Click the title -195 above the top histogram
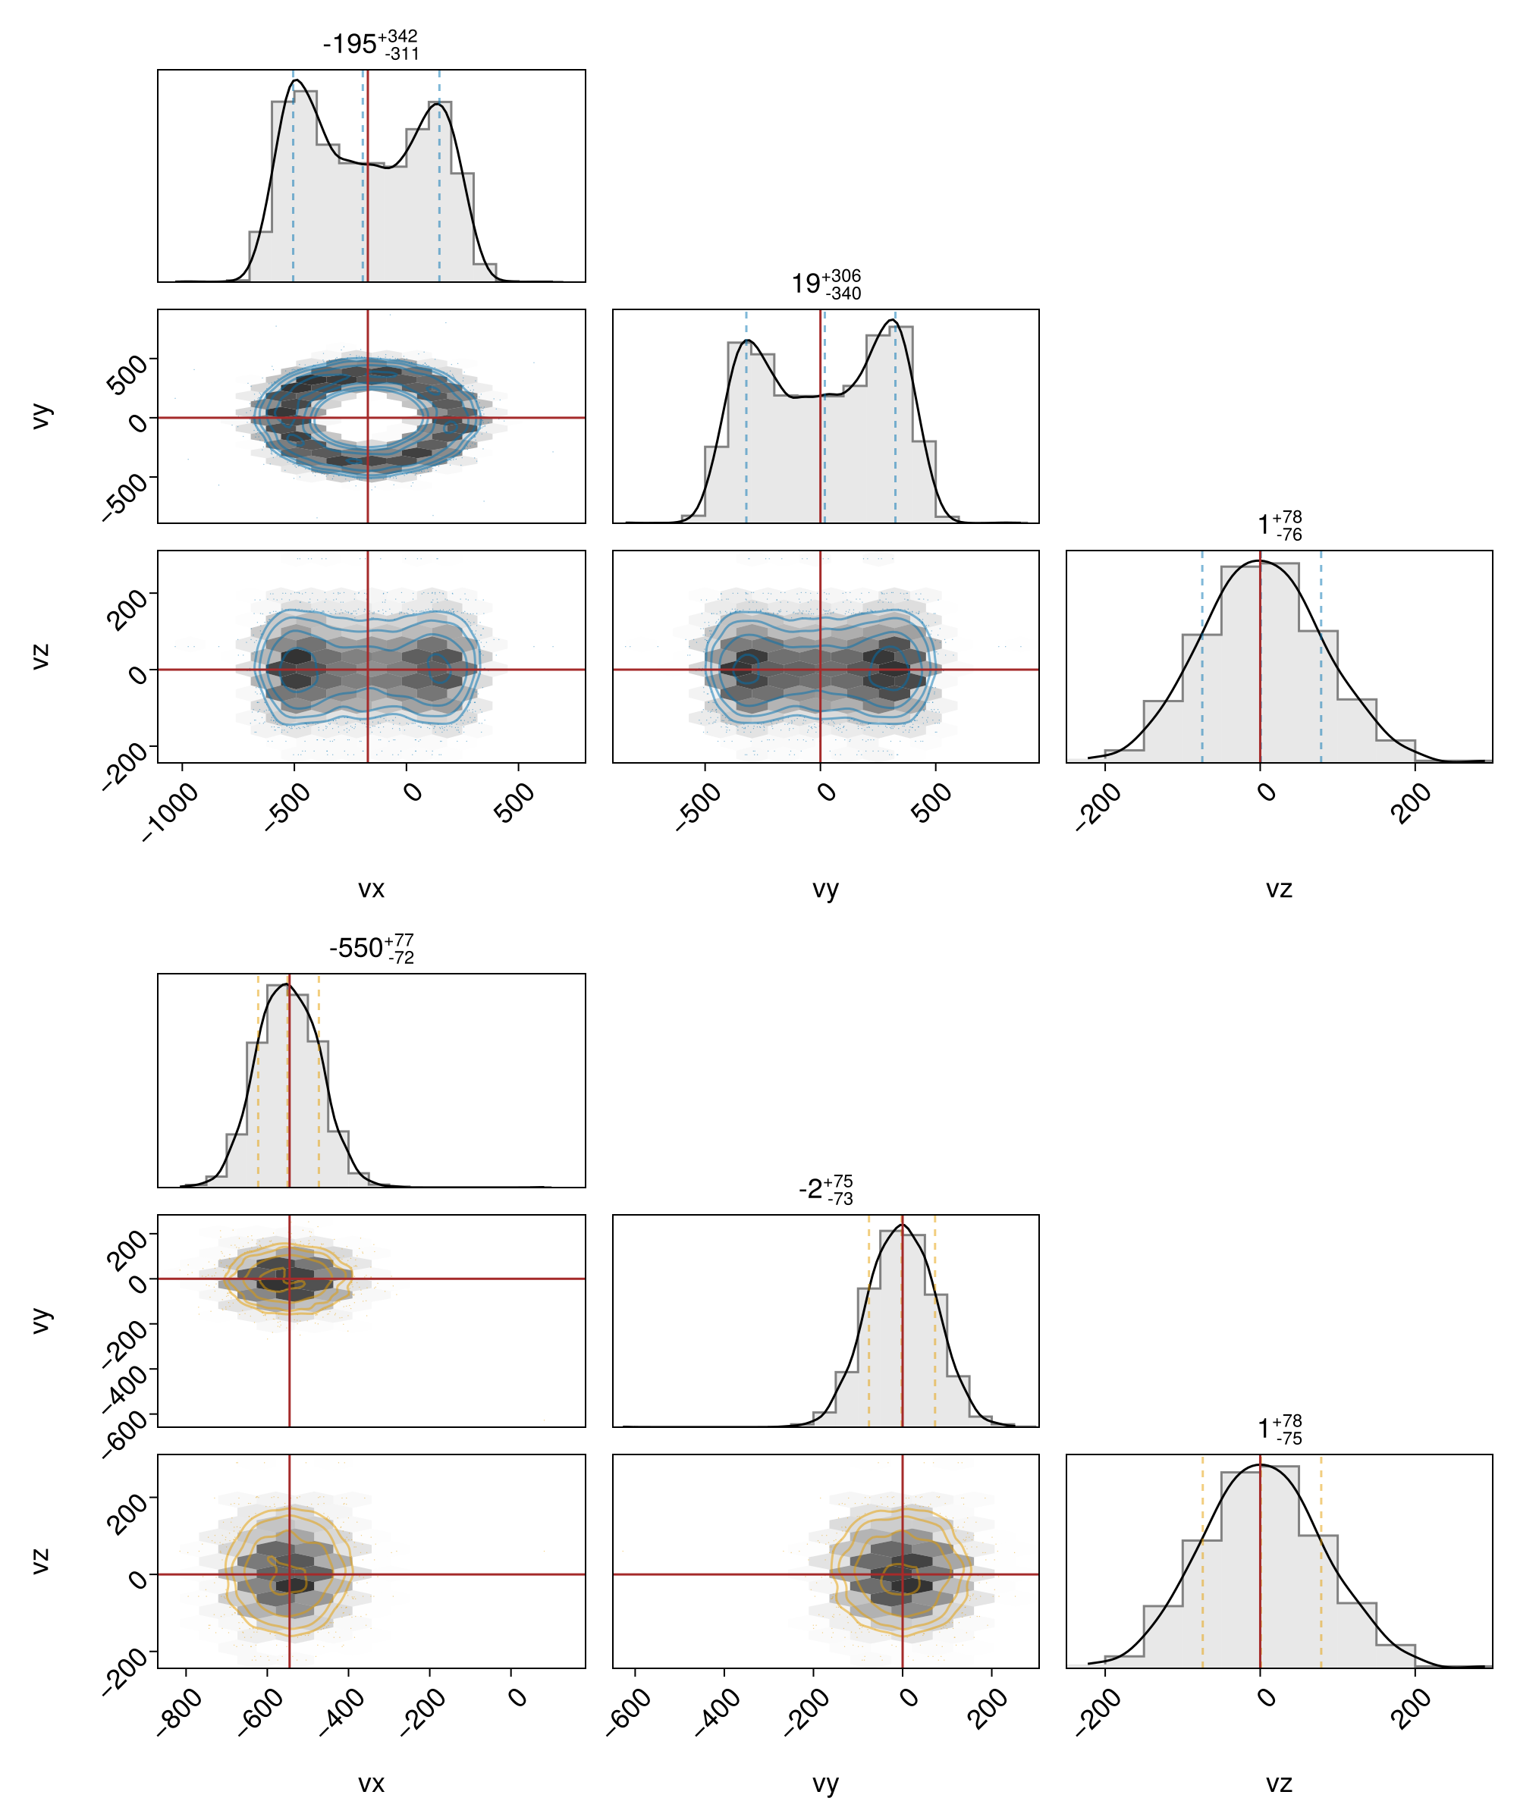370,44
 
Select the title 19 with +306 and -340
825,284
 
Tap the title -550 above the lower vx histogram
371,948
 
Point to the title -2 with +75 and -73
825,1188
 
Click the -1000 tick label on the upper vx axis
170,811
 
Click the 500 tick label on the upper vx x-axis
515,802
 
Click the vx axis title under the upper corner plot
371,888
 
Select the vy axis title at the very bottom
825,1784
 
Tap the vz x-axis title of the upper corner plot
1279,888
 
